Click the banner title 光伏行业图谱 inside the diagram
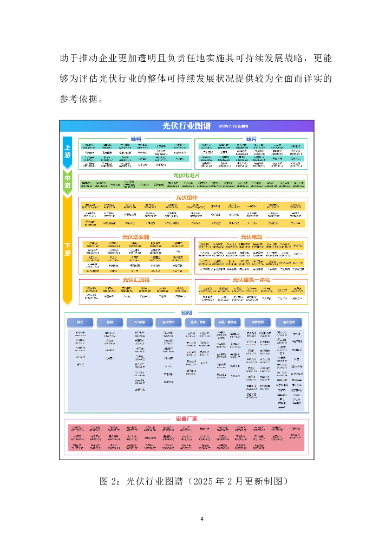(x=187, y=125)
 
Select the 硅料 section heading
(x=136, y=139)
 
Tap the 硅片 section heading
(x=251, y=139)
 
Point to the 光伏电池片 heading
(x=186, y=175)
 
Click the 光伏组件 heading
(x=186, y=197)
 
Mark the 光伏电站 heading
(x=251, y=237)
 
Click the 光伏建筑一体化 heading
(x=251, y=280)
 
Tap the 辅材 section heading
(x=186, y=313)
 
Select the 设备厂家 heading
(x=186, y=418)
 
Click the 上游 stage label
(x=68, y=151)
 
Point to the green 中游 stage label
(x=68, y=182)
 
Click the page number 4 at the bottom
(x=201, y=519)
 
